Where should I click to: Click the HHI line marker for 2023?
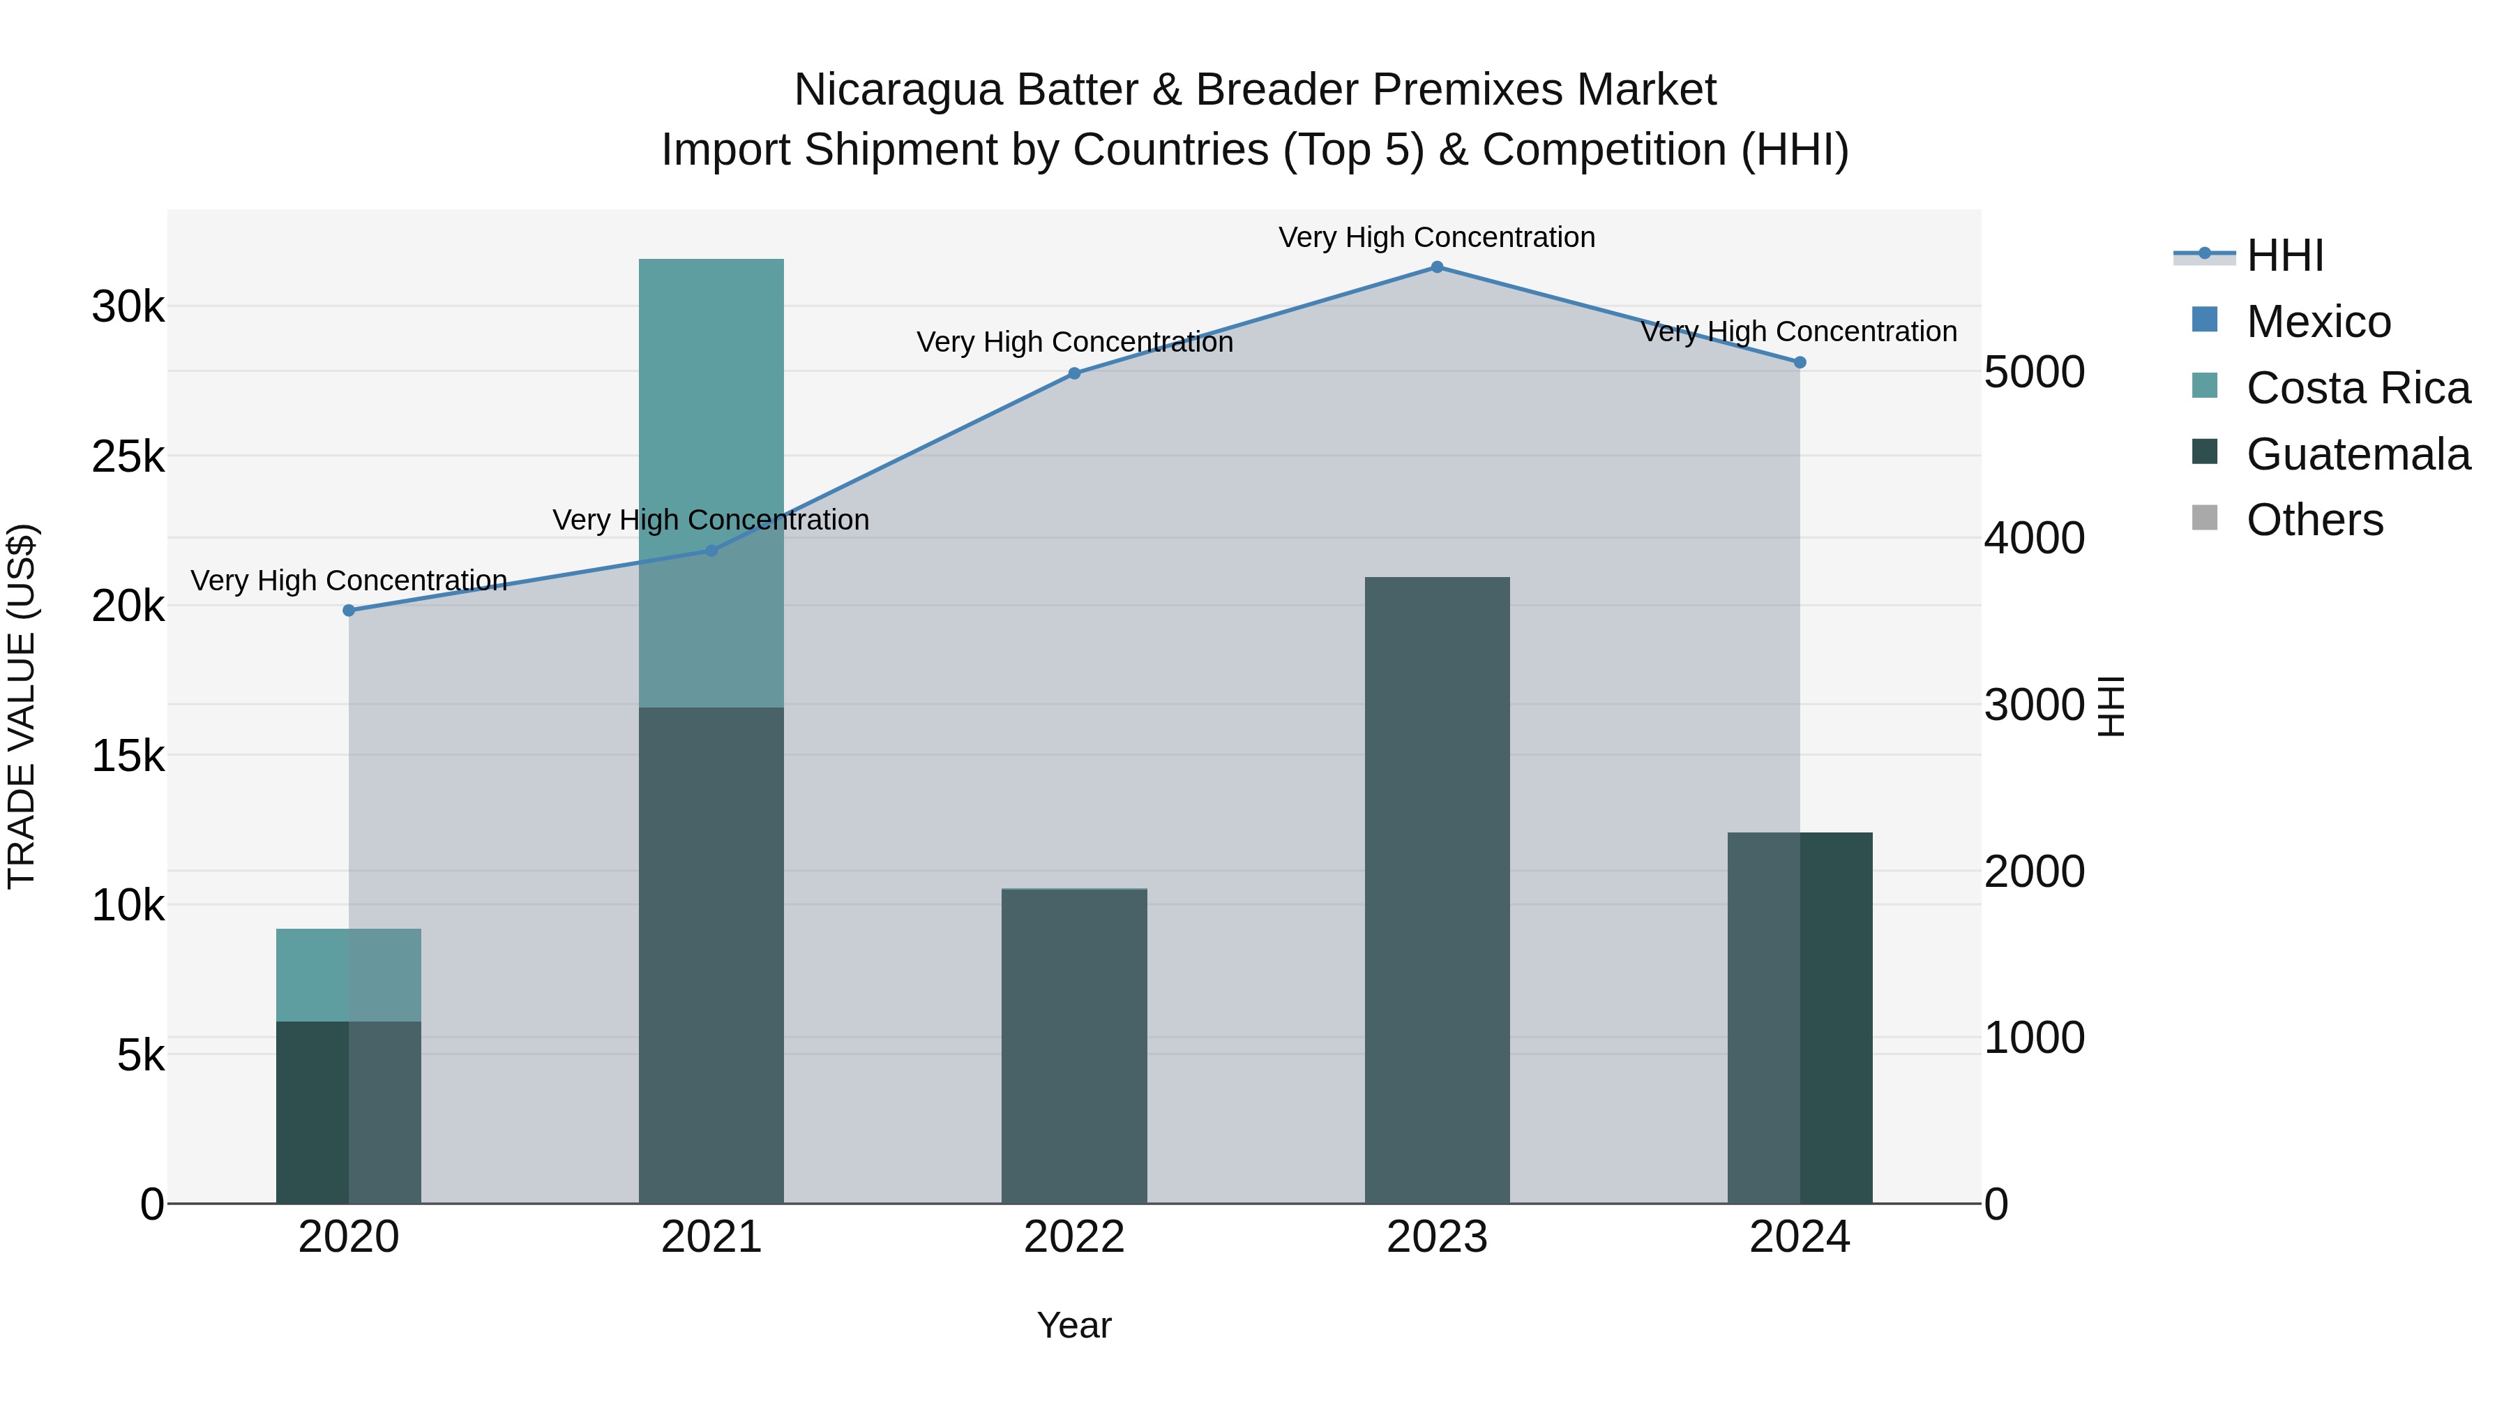pos(1437,267)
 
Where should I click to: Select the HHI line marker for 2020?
pos(349,611)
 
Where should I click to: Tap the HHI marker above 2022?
pos(1074,373)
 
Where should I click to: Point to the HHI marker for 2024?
pos(1800,361)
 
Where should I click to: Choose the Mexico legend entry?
pos(2318,322)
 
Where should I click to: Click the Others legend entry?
pos(2314,520)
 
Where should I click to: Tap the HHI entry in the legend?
pos(2284,255)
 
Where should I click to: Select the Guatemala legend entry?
pos(2357,454)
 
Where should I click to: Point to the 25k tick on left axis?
pos(128,456)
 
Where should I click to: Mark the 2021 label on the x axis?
pos(711,1237)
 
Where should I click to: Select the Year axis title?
pos(1073,1325)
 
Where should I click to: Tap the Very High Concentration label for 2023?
pos(1437,237)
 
